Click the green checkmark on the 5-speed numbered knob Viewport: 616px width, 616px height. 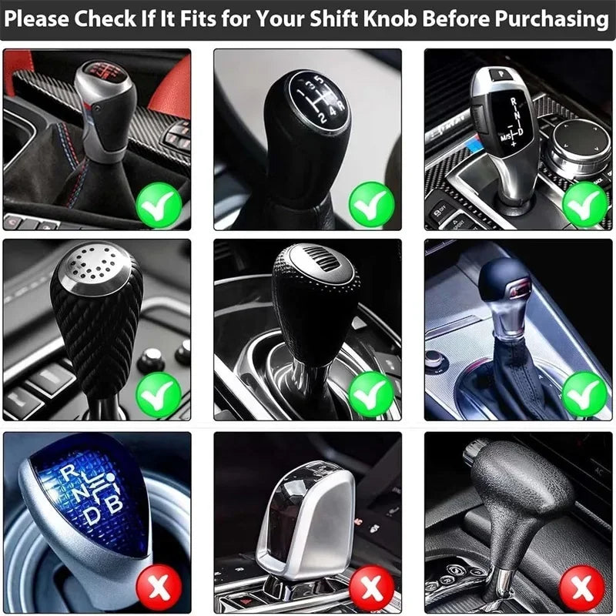[x=371, y=204]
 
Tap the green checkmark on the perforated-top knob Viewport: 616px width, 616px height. [x=159, y=395]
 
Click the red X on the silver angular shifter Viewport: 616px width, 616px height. [x=371, y=589]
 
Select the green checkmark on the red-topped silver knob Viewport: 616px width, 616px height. [x=159, y=204]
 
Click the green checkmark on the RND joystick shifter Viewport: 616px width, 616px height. [x=584, y=204]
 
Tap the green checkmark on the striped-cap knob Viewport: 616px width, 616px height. [x=371, y=395]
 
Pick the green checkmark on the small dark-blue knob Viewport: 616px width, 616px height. [x=584, y=395]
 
